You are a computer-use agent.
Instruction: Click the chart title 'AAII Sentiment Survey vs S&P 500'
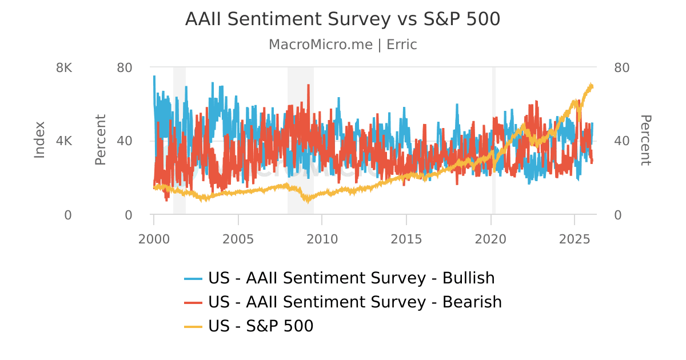[x=342, y=19]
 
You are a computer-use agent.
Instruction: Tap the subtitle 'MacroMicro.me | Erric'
[x=342, y=45]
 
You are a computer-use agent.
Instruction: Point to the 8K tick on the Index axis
[x=64, y=67]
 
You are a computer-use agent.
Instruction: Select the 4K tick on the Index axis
[x=64, y=141]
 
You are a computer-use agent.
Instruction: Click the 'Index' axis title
[x=39, y=140]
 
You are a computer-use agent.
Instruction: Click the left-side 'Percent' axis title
[x=101, y=140]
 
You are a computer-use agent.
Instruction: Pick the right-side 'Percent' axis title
[x=645, y=140]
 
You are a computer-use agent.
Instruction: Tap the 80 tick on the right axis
[x=621, y=67]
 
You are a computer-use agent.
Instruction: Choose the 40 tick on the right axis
[x=621, y=141]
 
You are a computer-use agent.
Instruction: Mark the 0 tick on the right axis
[x=618, y=215]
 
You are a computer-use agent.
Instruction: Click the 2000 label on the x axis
[x=154, y=239]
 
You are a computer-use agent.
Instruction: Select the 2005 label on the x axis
[x=238, y=239]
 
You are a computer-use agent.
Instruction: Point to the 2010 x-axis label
[x=322, y=239]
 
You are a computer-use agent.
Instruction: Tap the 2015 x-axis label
[x=406, y=239]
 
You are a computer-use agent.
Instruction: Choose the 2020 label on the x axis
[x=490, y=239]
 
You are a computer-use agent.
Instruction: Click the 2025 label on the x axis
[x=575, y=239]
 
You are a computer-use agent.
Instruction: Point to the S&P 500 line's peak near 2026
[x=591, y=85]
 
